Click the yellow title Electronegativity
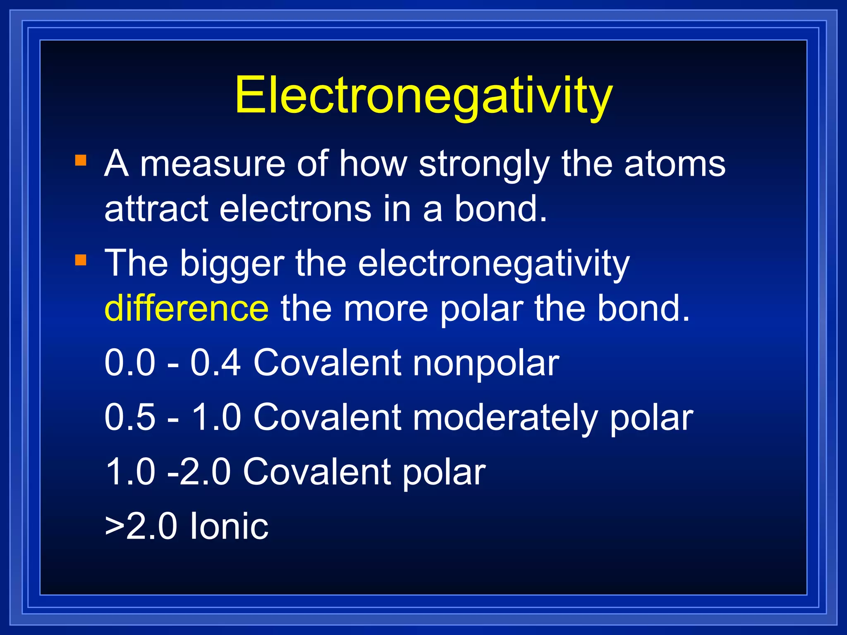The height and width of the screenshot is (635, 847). pyautogui.click(x=423, y=96)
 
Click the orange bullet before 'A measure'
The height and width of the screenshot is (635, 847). pyautogui.click(x=81, y=160)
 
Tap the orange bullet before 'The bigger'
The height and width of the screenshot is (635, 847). pyautogui.click(x=81, y=260)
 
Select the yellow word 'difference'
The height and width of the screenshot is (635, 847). pyautogui.click(x=187, y=308)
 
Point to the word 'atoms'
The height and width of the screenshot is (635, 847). pyautogui.click(x=675, y=164)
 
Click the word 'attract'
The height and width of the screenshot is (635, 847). pyautogui.click(x=156, y=209)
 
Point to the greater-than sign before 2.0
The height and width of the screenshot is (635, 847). pyautogui.click(x=115, y=528)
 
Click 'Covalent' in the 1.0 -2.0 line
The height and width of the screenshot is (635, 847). pyautogui.click(x=317, y=472)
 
